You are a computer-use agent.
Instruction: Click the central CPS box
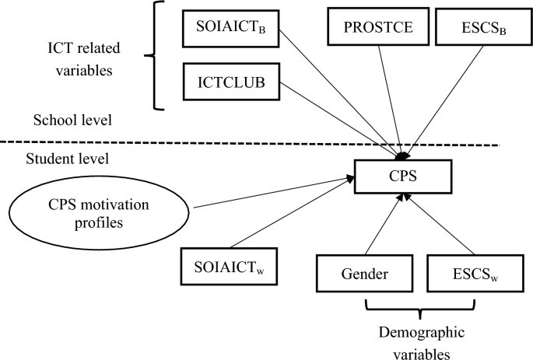point(402,177)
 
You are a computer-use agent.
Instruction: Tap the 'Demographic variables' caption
point(420,343)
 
